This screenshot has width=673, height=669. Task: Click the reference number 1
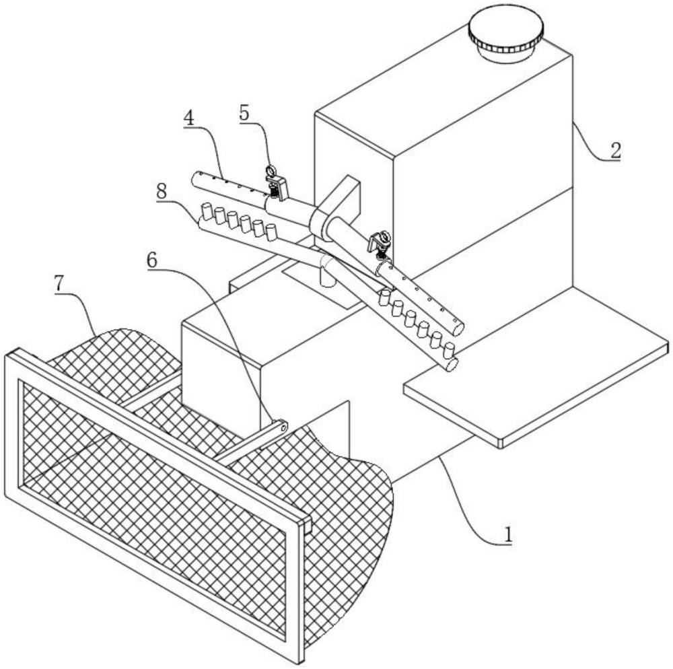tap(507, 534)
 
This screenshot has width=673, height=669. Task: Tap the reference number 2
tap(615, 151)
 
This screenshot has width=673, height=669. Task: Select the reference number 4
tap(189, 117)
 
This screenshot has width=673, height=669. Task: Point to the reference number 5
tap(244, 112)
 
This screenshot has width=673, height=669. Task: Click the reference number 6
tap(152, 260)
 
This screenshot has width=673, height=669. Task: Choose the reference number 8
tap(162, 191)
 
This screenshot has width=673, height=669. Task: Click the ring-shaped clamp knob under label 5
tap(271, 170)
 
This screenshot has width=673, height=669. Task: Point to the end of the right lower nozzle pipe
tap(452, 365)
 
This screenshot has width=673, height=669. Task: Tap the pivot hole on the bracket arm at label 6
tap(283, 427)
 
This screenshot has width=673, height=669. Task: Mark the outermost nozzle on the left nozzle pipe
tap(207, 211)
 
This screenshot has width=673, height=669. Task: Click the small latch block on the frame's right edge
tap(308, 525)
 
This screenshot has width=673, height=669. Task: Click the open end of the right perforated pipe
tap(458, 328)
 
